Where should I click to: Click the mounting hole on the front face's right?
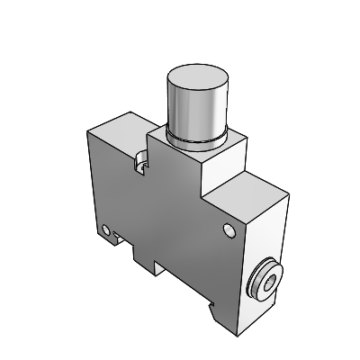(227, 232)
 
